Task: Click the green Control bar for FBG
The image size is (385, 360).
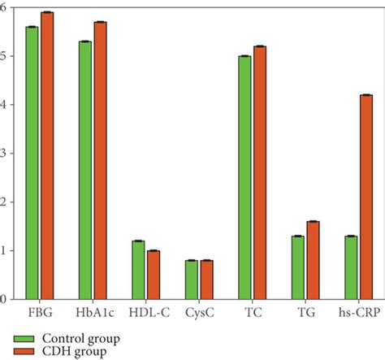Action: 32,163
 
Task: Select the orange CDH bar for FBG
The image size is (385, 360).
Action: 46,155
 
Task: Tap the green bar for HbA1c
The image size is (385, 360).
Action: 84,170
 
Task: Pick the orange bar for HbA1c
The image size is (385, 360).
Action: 100,160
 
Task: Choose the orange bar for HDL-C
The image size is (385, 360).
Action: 153,275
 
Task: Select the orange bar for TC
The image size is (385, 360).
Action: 259,172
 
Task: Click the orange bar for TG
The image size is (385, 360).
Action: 313,260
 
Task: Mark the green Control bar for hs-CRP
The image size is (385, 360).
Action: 350,267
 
